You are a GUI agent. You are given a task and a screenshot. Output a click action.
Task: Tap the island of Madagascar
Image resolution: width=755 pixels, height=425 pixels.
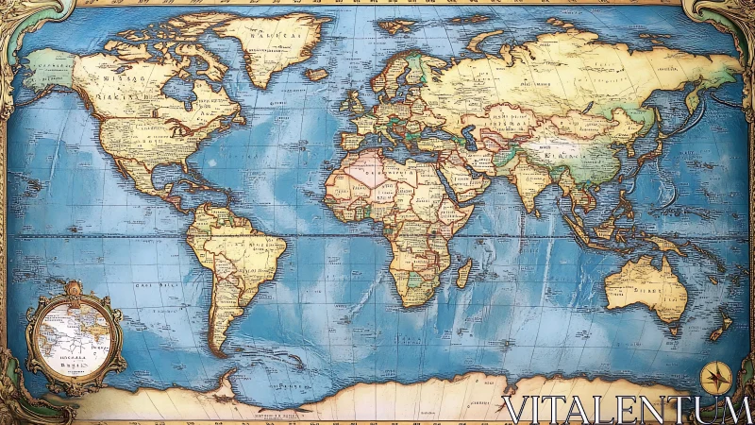(x=463, y=274)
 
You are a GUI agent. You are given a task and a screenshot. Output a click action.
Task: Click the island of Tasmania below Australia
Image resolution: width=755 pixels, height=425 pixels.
(x=673, y=331)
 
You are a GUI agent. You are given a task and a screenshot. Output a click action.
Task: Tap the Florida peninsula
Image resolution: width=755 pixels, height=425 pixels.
(x=162, y=170)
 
